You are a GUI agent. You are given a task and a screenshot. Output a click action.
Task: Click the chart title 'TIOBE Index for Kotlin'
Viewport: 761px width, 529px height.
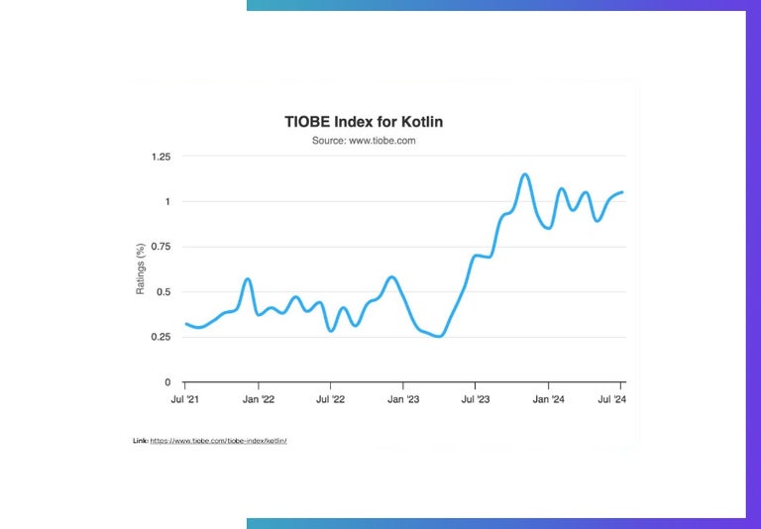tap(364, 122)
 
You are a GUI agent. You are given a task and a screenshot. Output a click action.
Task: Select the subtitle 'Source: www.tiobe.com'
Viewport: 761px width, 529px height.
tap(364, 141)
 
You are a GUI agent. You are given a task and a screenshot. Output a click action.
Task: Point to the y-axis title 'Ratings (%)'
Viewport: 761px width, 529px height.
tap(141, 268)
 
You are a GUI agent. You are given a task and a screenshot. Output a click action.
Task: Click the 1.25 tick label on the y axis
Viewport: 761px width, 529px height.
tap(161, 157)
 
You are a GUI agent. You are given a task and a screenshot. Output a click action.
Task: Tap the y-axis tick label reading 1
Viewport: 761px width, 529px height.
tap(167, 202)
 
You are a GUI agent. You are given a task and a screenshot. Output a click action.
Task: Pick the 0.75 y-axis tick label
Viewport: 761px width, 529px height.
tap(161, 247)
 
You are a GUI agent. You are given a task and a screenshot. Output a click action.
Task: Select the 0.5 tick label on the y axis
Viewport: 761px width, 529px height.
tap(163, 292)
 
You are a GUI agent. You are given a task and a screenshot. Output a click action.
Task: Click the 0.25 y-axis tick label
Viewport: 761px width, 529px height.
tap(161, 337)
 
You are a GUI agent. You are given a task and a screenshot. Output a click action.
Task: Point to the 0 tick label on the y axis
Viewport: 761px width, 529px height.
tap(167, 382)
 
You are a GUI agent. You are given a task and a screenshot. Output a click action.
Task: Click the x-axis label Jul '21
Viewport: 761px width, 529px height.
tap(185, 400)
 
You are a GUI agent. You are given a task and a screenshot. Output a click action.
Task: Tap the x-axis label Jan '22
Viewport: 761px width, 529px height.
tap(258, 400)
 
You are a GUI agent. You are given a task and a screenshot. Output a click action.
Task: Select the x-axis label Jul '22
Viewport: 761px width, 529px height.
tap(330, 400)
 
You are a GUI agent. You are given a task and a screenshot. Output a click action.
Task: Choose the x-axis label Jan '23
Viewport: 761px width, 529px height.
tap(403, 400)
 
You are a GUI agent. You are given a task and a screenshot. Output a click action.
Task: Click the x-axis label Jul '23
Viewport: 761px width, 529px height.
tap(476, 400)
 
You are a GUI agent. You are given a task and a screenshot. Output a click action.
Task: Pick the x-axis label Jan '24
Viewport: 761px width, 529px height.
tap(549, 400)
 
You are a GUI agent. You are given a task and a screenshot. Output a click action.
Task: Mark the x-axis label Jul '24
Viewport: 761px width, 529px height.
tap(620, 400)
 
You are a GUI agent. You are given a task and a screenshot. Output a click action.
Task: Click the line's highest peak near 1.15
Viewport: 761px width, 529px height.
tap(524, 174)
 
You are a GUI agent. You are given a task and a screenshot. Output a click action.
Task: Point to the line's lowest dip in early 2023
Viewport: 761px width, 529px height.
tap(438, 336)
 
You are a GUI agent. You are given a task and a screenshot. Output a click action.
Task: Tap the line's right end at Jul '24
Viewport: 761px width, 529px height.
tap(621, 192)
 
